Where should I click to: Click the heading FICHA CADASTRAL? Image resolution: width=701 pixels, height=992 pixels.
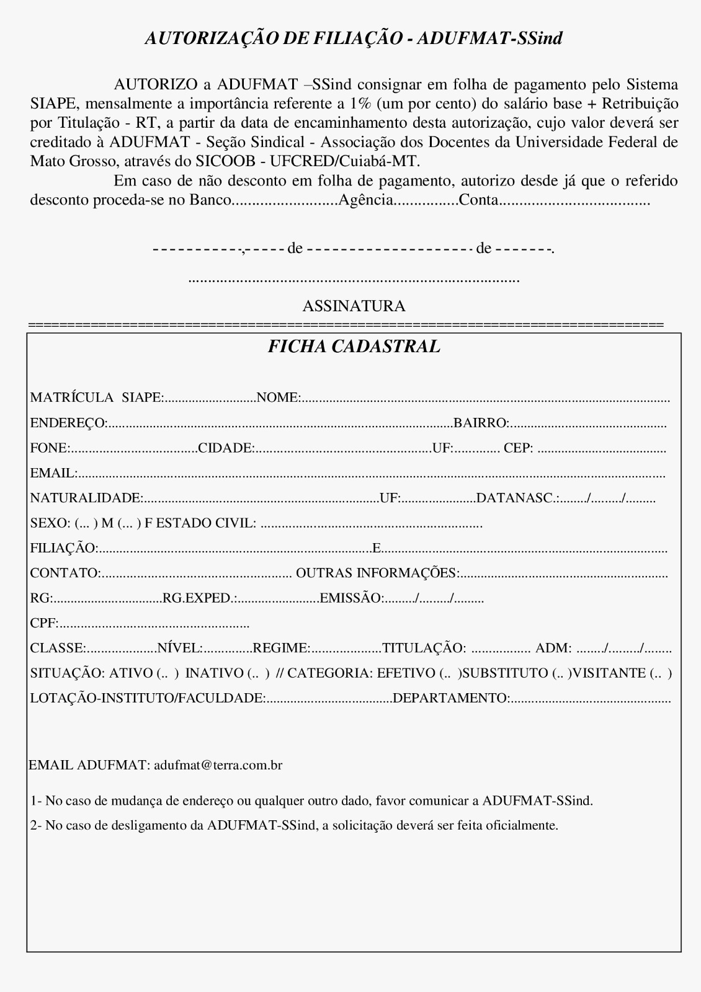[x=354, y=347]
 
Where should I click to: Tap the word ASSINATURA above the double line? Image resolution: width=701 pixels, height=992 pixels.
[x=354, y=306]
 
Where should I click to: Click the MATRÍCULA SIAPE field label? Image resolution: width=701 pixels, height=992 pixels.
[x=96, y=398]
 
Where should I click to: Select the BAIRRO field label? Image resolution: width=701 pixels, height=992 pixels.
[x=481, y=423]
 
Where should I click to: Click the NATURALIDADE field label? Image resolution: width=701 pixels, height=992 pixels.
[x=86, y=498]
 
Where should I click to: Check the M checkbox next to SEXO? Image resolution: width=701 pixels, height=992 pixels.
[x=86, y=523]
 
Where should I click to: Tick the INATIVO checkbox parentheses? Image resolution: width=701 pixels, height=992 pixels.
[x=258, y=673]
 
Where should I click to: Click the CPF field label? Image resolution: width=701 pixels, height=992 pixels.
[x=43, y=623]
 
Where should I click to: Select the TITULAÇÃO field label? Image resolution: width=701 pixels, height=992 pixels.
[x=424, y=649]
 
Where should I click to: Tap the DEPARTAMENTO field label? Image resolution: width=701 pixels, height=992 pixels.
[x=451, y=699]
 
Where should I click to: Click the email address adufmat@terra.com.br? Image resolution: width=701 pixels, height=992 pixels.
[x=218, y=765]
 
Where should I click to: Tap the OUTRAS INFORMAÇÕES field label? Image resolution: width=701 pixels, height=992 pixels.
[x=377, y=573]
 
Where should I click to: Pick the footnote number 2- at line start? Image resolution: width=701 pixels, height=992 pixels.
[x=36, y=826]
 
